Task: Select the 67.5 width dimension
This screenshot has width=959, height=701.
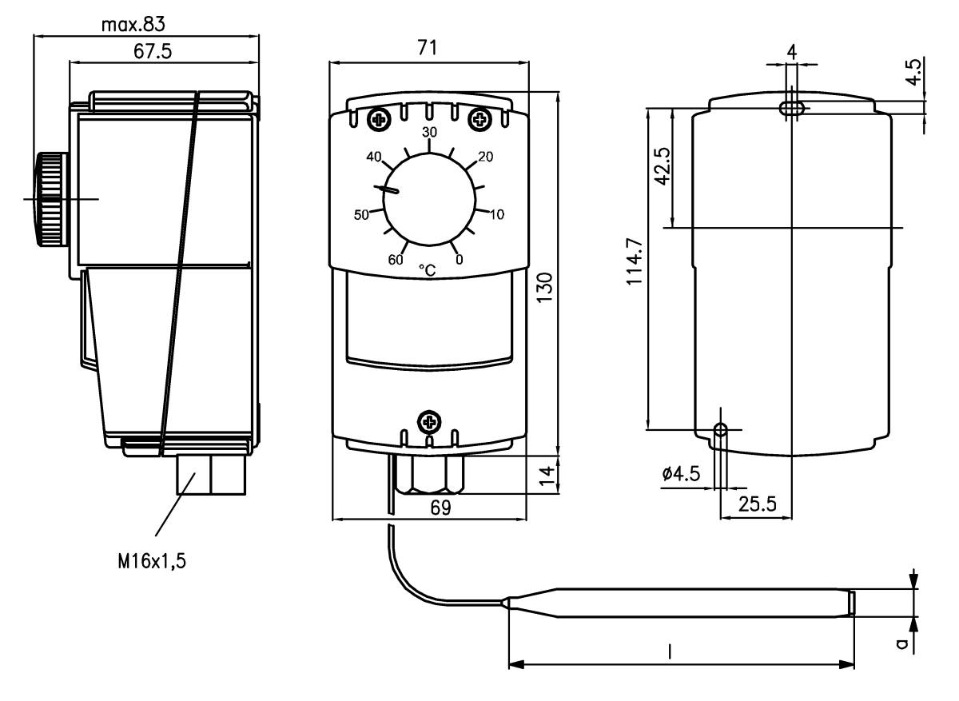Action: [153, 51]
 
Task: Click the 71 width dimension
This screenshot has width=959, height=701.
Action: [428, 48]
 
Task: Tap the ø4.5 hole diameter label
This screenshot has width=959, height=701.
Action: [681, 474]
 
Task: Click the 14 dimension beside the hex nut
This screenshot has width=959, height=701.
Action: [545, 475]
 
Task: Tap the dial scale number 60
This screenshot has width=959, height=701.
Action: [396, 258]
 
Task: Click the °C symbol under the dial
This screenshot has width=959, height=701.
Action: [428, 271]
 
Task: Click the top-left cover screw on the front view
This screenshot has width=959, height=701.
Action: [376, 120]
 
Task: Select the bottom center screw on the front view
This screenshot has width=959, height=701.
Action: [430, 420]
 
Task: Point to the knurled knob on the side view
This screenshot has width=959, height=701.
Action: [50, 199]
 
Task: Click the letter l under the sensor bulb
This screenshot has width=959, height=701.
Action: [670, 652]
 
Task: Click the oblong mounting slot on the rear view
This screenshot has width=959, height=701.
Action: [792, 107]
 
